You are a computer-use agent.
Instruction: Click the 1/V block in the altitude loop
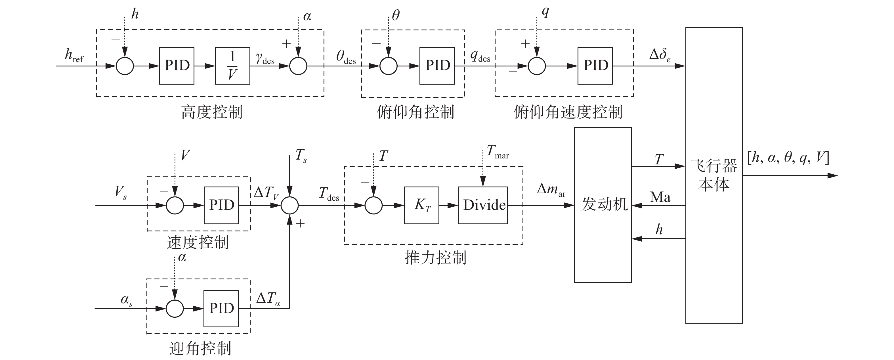coord(232,66)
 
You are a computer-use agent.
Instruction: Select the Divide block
coord(483,205)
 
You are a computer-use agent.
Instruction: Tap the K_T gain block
coord(421,205)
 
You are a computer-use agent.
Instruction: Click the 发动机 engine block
coord(603,205)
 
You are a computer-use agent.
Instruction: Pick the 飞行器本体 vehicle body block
coord(713,175)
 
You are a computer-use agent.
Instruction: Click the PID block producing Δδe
coord(595,66)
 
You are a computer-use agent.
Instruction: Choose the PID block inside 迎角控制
coord(221,308)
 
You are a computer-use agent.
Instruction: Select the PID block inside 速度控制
coord(221,205)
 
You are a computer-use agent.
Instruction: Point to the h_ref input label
coord(74,56)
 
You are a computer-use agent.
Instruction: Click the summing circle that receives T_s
coord(289,205)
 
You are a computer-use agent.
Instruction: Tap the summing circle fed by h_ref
coord(125,66)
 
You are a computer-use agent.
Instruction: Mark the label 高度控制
coord(212,112)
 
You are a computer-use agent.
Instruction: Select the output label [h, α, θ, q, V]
coord(788,158)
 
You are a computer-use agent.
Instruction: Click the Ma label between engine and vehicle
coord(660,197)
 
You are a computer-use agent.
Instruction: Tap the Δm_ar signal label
coord(551,190)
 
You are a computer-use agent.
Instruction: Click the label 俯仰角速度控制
coord(568,112)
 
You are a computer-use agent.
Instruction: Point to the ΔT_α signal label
coord(268,299)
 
